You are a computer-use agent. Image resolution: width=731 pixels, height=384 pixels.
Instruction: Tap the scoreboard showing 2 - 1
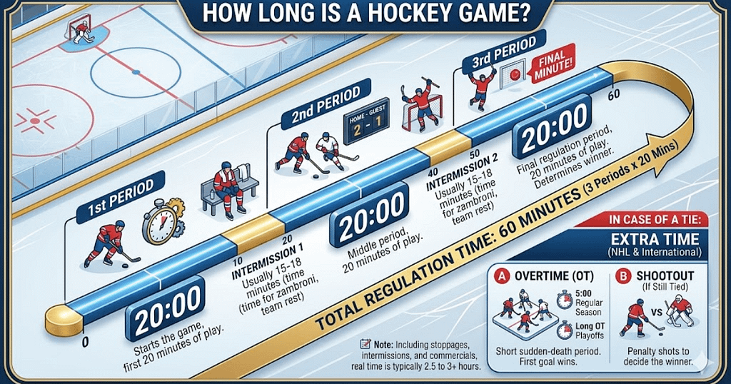tap(366, 117)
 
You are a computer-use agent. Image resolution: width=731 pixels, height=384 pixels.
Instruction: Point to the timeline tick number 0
tap(85, 342)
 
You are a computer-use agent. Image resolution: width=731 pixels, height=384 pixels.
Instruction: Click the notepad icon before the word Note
tap(365, 343)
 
